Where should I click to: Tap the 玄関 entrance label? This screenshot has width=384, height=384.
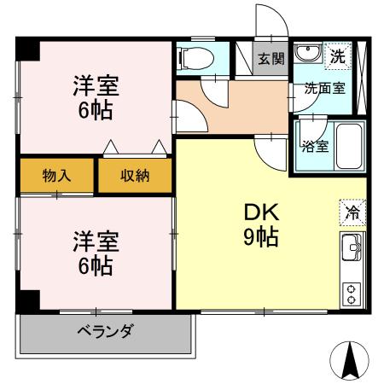pyautogui.click(x=272, y=59)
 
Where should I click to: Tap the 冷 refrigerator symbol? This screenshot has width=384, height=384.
pyautogui.click(x=351, y=210)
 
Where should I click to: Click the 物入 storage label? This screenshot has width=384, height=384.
pyautogui.click(x=56, y=176)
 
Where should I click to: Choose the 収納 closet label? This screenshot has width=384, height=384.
pyautogui.click(x=134, y=176)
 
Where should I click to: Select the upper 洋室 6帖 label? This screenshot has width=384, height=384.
pyautogui.click(x=95, y=98)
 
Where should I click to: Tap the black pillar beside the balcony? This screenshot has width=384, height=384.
pyautogui.click(x=28, y=302)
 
